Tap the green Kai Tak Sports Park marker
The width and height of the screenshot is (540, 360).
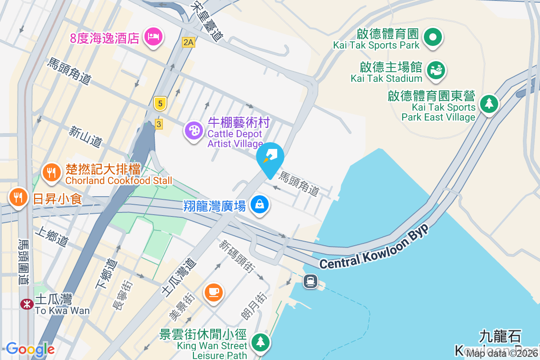[x=434, y=37]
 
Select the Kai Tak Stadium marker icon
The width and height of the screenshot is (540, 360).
[x=435, y=70]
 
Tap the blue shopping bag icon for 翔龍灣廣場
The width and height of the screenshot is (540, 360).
[x=260, y=205]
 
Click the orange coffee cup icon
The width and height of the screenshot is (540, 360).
[x=213, y=292]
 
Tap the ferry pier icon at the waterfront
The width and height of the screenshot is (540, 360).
[x=310, y=282]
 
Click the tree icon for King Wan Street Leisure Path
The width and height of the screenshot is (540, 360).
[x=260, y=342]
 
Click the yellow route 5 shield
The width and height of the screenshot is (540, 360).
[x=160, y=104]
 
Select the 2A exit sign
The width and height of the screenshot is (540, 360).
[x=189, y=42]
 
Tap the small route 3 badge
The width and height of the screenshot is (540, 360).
[x=158, y=124]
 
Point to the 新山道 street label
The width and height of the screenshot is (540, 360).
[x=85, y=136]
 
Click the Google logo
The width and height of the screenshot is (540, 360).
[x=30, y=349]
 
